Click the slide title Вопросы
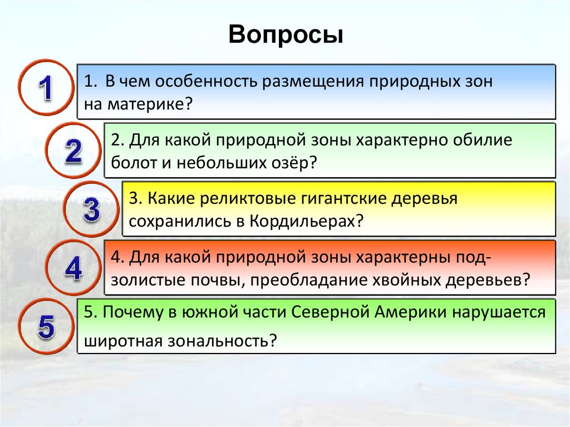point(286,35)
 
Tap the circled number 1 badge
point(46,87)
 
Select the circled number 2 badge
point(73,150)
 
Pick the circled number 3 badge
point(91,209)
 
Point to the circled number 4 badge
point(73,268)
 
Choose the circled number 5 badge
point(46,326)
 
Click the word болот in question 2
point(134,163)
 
